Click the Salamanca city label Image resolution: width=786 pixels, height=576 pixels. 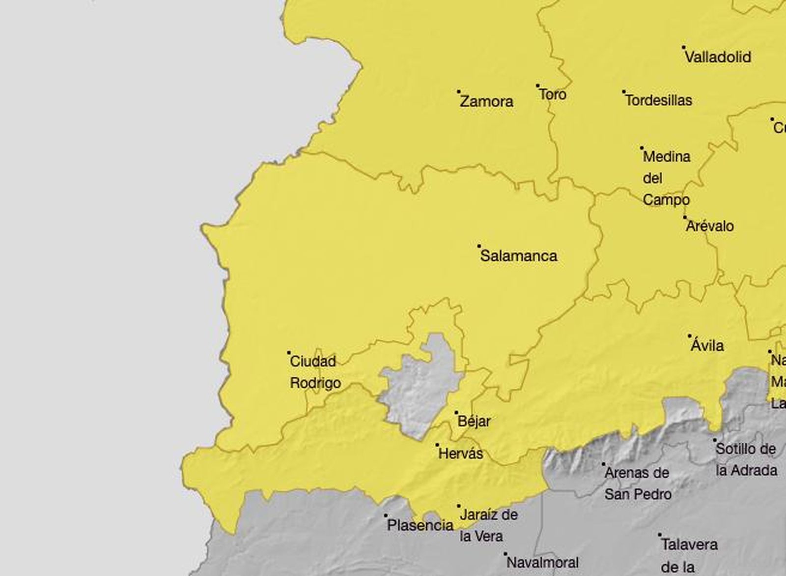(x=519, y=256)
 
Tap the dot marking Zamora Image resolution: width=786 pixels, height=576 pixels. (x=459, y=91)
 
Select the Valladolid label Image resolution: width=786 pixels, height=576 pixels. (x=718, y=57)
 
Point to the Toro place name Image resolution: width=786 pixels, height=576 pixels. (x=553, y=94)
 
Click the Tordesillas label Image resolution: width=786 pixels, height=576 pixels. (x=659, y=100)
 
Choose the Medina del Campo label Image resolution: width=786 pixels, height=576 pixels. (x=667, y=178)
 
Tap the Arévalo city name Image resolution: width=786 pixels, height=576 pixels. (x=710, y=226)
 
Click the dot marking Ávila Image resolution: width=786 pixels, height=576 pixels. (x=689, y=336)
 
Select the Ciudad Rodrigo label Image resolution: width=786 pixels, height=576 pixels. (x=315, y=372)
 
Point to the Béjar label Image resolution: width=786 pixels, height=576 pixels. (x=474, y=422)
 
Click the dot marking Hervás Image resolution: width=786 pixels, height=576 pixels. (x=437, y=445)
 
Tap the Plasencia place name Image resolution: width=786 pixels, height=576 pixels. (x=420, y=525)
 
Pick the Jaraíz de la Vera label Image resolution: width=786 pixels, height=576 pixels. (x=488, y=525)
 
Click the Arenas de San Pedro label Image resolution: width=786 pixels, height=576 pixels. (x=637, y=483)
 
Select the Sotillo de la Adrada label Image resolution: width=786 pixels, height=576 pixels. (x=746, y=459)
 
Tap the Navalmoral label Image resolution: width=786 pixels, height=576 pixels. (x=542, y=562)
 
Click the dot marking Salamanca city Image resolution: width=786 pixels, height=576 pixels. (x=479, y=245)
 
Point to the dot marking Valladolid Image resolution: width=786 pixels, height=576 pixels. (x=684, y=48)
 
